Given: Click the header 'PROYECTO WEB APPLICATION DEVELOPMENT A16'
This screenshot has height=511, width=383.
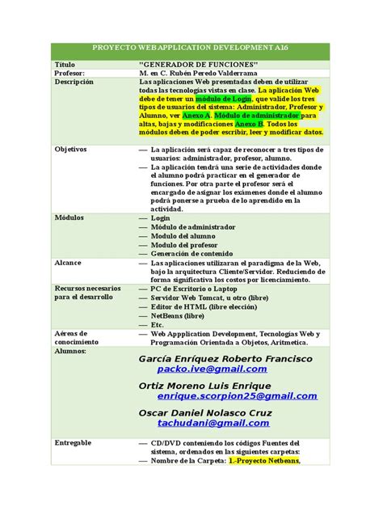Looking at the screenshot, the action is point(191,49).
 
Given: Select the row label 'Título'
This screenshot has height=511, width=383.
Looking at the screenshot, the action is point(64,63).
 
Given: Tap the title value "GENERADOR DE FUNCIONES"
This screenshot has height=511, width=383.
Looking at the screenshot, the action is point(198,63).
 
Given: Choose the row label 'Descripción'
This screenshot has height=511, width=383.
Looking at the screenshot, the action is point(74,82).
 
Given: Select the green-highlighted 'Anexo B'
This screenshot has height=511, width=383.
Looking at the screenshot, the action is point(249,123).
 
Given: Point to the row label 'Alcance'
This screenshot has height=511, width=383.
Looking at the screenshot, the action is point(68,264).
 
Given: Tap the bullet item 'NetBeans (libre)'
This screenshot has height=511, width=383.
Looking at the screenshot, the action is point(178,316).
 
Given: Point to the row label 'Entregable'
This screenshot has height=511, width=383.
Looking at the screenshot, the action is point(73,443).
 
